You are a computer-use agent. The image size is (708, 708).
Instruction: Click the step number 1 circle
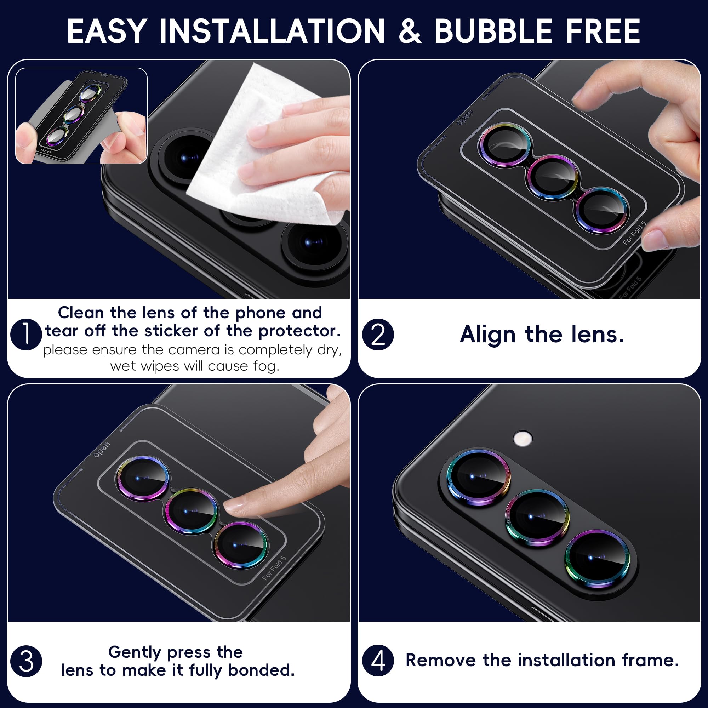tap(26, 334)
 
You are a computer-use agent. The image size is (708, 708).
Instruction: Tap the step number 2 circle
tap(378, 334)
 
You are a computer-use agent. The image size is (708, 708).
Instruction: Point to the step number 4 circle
tap(378, 661)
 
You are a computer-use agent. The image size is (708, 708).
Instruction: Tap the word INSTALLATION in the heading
tap(272, 32)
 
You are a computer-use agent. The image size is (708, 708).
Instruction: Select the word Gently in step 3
tap(135, 653)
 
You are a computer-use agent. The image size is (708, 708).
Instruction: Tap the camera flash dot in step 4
tap(523, 438)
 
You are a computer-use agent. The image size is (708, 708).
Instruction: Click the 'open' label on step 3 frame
tap(102, 450)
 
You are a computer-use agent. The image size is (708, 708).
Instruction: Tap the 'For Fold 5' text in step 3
tap(274, 568)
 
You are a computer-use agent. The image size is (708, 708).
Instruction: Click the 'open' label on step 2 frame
tap(465, 117)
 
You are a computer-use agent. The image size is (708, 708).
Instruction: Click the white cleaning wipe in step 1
tap(264, 154)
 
